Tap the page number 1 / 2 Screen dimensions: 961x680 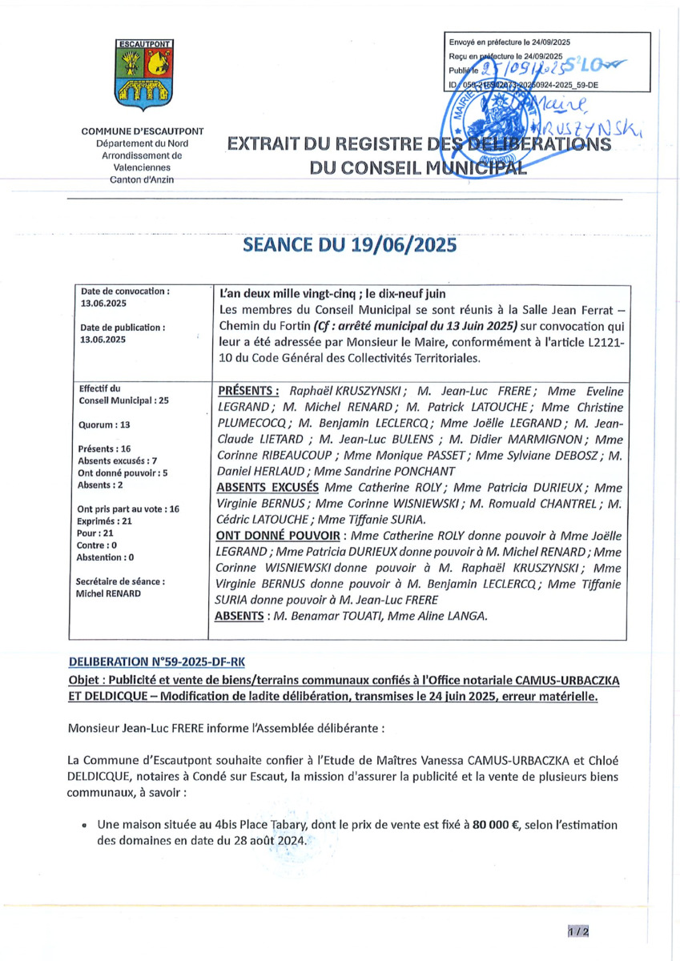coord(578,931)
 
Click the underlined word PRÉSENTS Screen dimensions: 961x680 coord(248,391)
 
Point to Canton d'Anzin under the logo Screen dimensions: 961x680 coord(143,180)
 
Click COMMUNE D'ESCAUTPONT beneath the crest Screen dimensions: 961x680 coord(143,131)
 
